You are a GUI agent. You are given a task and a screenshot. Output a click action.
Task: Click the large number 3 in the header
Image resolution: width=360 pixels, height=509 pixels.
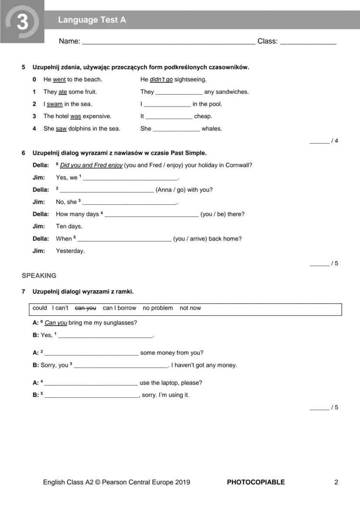(x=22, y=22)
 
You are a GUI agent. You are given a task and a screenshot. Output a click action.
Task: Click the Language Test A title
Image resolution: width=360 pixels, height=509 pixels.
(x=92, y=20)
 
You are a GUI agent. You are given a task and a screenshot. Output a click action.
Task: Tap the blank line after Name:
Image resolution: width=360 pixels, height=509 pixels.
(x=169, y=42)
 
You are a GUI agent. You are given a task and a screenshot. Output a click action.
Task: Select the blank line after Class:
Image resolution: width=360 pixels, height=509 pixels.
(x=308, y=42)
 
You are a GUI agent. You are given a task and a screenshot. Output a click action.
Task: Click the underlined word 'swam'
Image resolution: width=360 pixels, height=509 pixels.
(x=55, y=104)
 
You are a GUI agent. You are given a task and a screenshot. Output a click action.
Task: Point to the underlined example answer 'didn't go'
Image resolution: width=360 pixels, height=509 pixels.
(x=161, y=80)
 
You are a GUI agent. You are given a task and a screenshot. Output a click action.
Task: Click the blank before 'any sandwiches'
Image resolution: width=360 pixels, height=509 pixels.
(x=179, y=93)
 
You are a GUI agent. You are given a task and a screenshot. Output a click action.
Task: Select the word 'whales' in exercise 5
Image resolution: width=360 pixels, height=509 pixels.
(x=212, y=129)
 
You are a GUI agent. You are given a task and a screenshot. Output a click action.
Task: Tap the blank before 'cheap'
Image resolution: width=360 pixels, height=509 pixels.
(x=169, y=117)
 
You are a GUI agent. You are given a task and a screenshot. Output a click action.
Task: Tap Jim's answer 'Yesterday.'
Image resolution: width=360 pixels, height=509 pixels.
(x=70, y=251)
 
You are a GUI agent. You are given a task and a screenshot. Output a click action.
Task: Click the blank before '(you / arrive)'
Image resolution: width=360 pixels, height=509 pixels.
(x=124, y=240)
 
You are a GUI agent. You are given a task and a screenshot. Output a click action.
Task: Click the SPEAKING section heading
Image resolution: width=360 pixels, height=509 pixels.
(x=39, y=276)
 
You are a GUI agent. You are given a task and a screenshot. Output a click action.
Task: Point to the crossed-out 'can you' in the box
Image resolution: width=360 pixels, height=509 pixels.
(x=85, y=308)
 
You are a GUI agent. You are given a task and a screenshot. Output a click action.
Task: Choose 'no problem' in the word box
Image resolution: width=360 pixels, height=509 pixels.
(x=157, y=308)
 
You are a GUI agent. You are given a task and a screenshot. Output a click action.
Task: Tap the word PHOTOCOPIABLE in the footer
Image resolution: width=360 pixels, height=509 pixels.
(x=256, y=482)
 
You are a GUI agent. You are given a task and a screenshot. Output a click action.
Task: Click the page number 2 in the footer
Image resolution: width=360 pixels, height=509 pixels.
(x=336, y=482)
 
